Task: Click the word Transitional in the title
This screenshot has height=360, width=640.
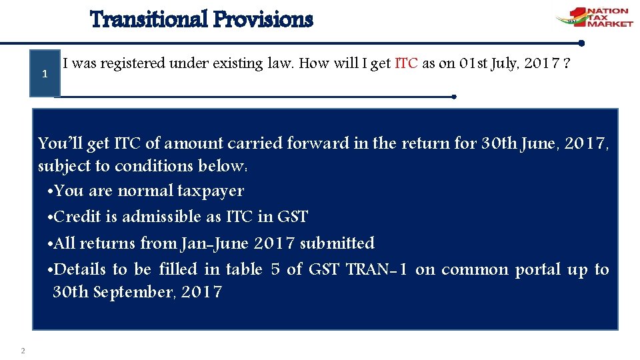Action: click(x=148, y=19)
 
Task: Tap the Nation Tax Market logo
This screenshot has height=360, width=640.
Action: click(x=594, y=17)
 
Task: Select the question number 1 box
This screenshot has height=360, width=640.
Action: click(x=44, y=73)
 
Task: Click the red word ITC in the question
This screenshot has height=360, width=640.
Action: click(x=407, y=64)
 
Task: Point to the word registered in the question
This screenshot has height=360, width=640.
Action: click(x=133, y=64)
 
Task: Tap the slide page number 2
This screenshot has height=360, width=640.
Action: click(x=23, y=351)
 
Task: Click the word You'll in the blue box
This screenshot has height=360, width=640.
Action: click(x=56, y=143)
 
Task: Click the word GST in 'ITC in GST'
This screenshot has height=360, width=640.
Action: click(x=293, y=217)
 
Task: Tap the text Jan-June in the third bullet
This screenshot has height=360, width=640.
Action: click(x=213, y=243)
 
